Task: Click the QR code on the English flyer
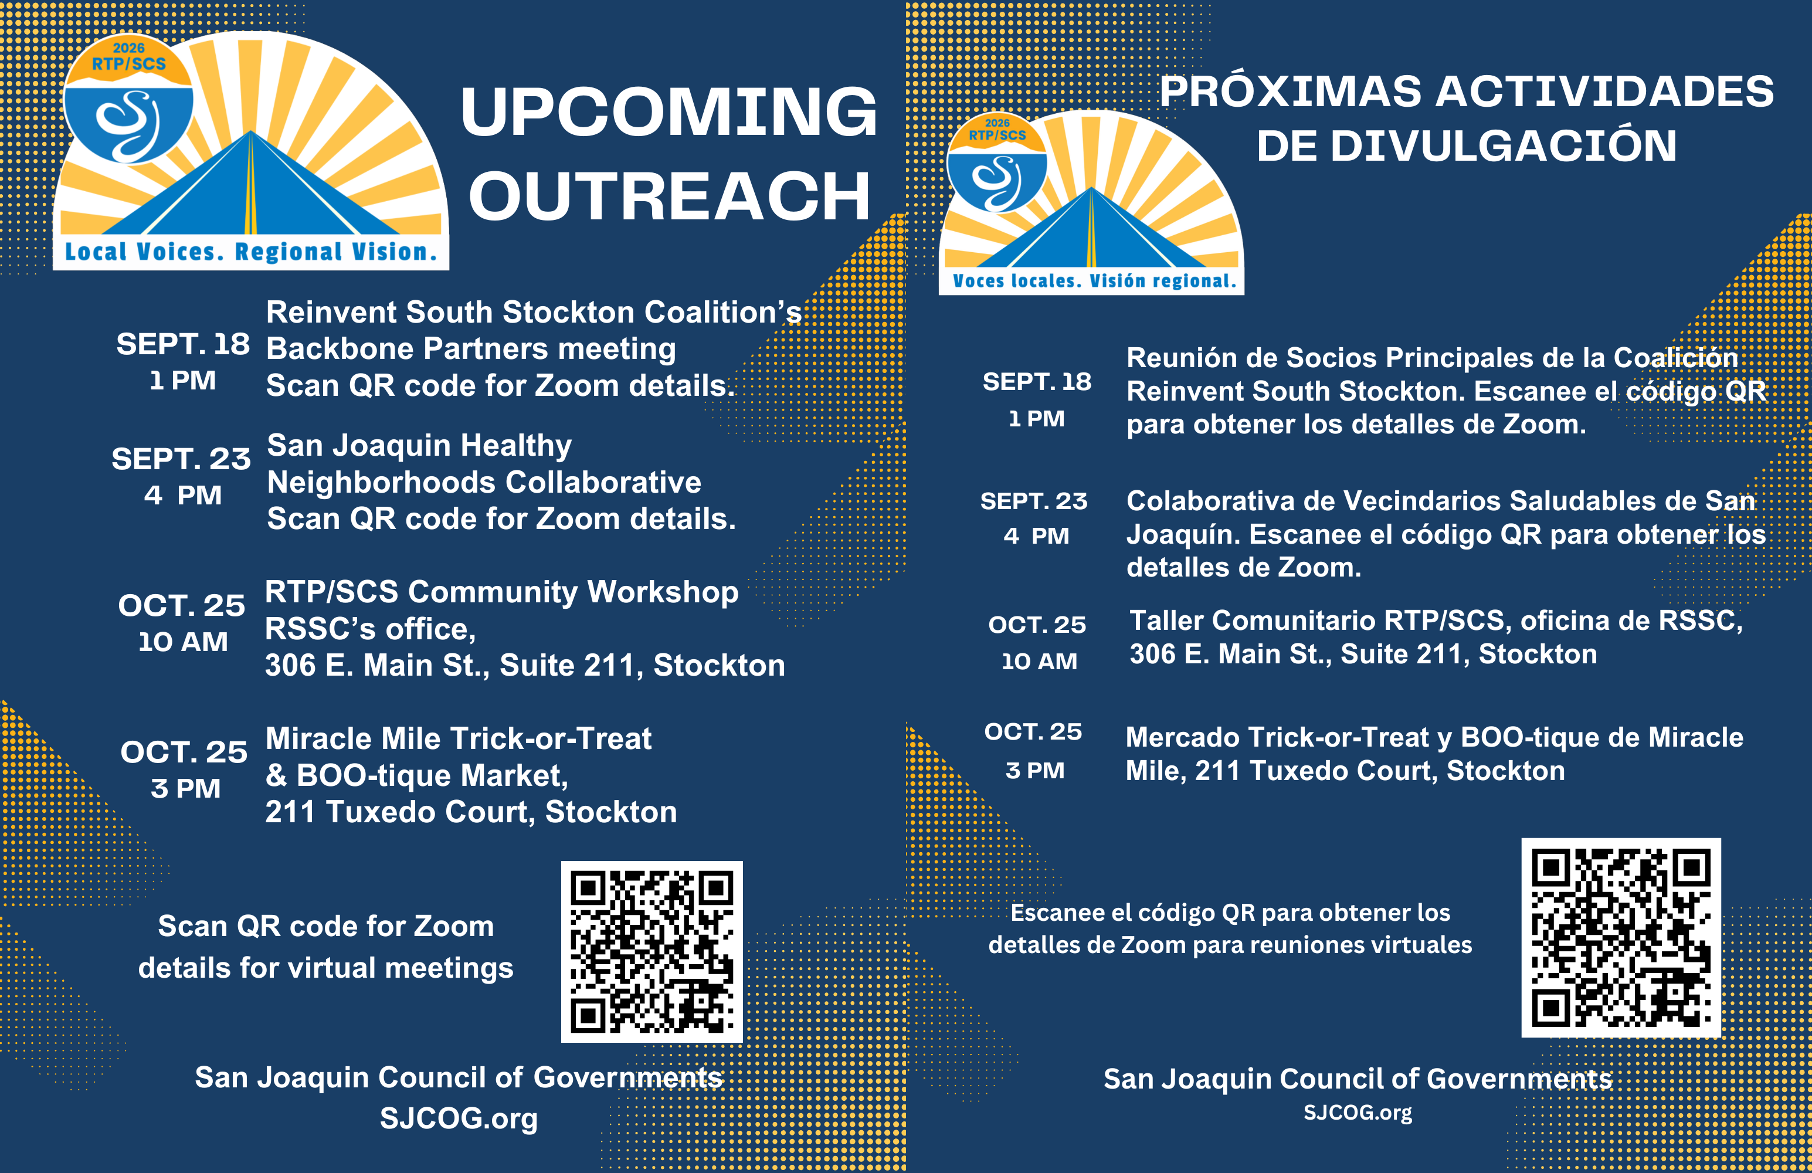tap(651, 951)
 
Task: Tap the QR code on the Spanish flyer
tap(1621, 938)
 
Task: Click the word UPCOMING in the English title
tap(669, 112)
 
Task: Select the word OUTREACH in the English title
tap(669, 196)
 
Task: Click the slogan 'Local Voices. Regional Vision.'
tap(250, 252)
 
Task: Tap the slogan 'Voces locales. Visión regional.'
tap(1094, 281)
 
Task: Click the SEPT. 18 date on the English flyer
tap(183, 344)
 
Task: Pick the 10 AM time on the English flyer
tap(183, 642)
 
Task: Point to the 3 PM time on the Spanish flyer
tap(1034, 770)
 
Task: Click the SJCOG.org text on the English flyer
tap(459, 1118)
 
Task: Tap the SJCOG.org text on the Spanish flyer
tap(1358, 1113)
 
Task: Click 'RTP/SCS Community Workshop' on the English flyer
tap(501, 592)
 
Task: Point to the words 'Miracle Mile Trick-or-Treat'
tap(459, 739)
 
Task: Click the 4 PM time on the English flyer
tap(183, 496)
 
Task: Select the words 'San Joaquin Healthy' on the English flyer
tap(419, 446)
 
